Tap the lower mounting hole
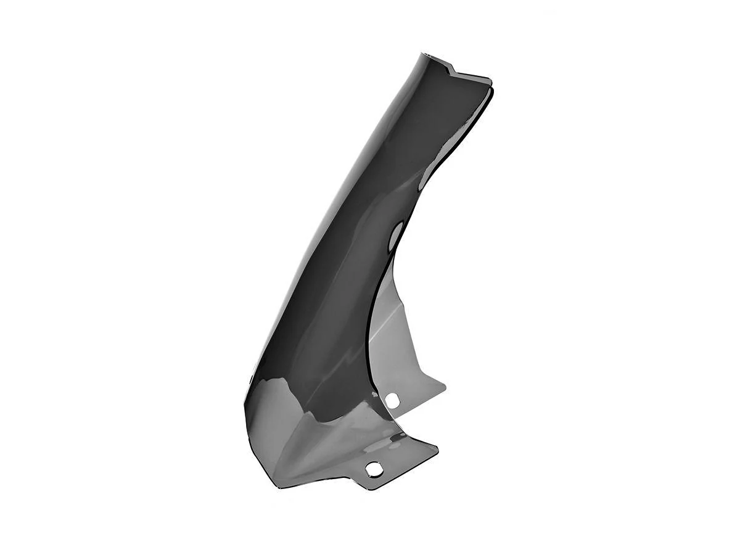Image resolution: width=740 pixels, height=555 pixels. (x=372, y=469)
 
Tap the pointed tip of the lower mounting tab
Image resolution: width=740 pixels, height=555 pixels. (x=437, y=448)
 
